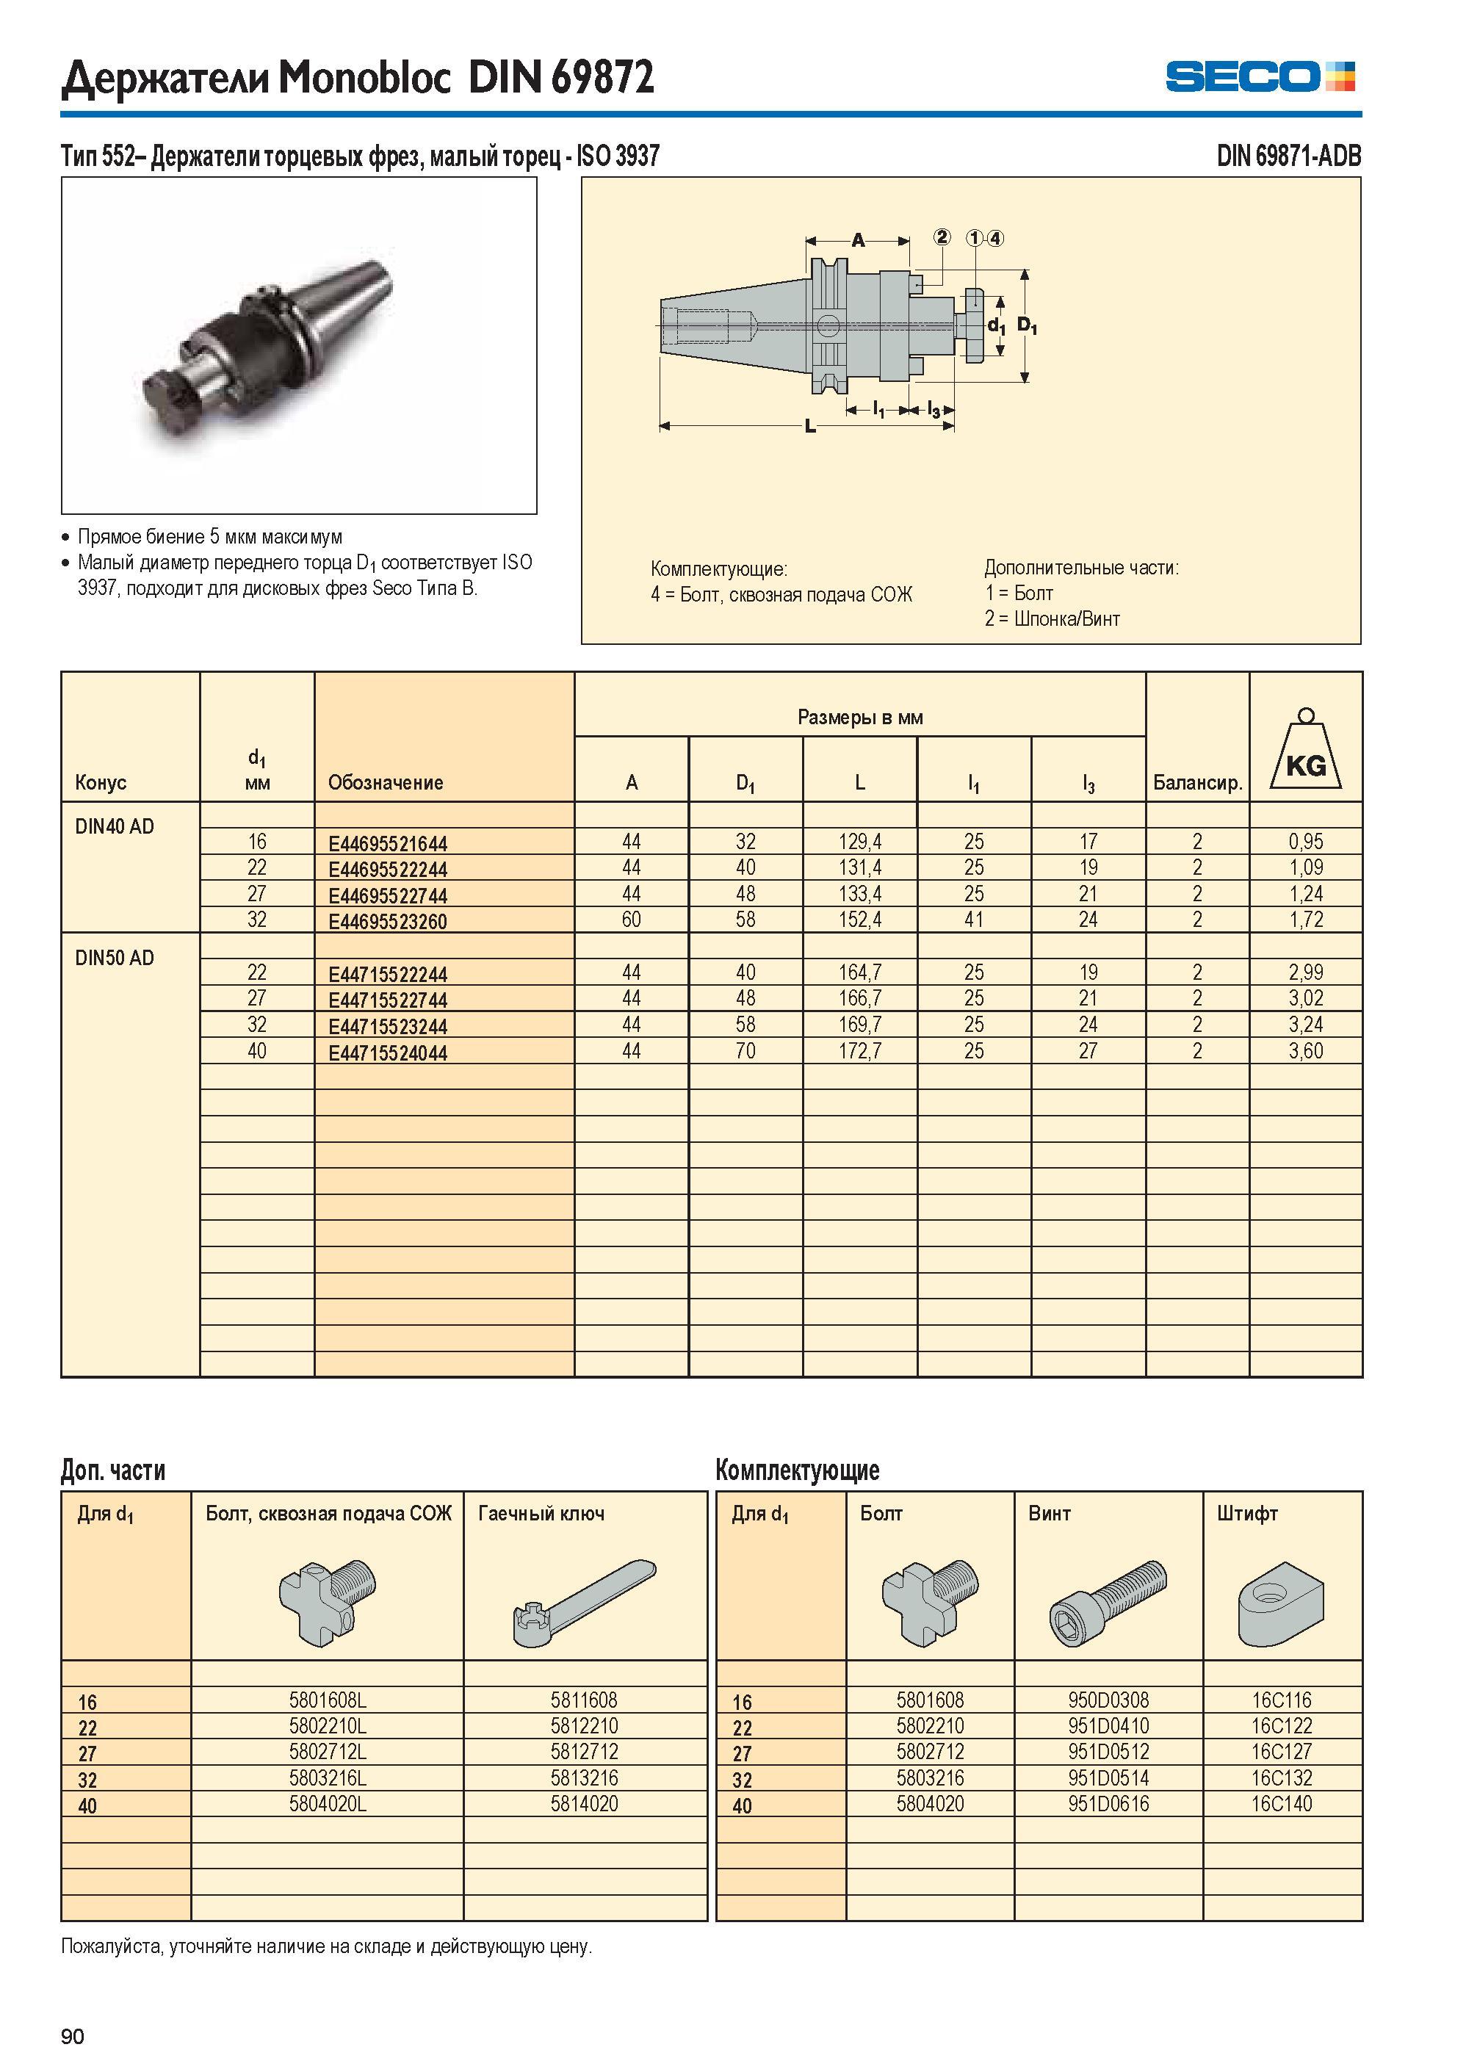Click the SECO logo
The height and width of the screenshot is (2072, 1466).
click(x=1260, y=76)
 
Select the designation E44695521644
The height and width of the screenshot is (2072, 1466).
click(x=387, y=844)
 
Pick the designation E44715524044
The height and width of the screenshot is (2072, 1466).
click(x=387, y=1053)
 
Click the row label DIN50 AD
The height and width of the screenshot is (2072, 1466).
click(x=115, y=958)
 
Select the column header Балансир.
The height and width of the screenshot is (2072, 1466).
click(x=1197, y=783)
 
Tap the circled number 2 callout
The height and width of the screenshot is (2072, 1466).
click(x=942, y=237)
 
